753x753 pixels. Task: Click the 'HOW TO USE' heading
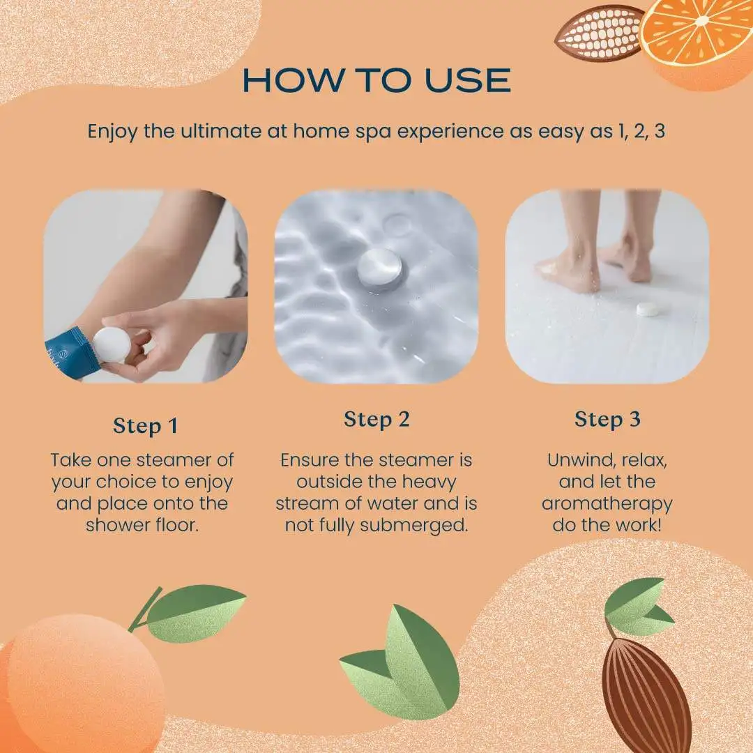[x=376, y=81]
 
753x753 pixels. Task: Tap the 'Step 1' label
[x=145, y=426]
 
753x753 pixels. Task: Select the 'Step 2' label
[x=376, y=420]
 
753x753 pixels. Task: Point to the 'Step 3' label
[x=607, y=420]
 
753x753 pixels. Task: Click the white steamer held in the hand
[x=112, y=345]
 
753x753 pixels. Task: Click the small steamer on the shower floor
[x=649, y=308]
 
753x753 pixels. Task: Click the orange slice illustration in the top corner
[x=701, y=38]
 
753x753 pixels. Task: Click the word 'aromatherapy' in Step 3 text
[x=607, y=503]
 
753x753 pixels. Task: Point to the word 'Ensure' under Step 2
[x=314, y=460]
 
